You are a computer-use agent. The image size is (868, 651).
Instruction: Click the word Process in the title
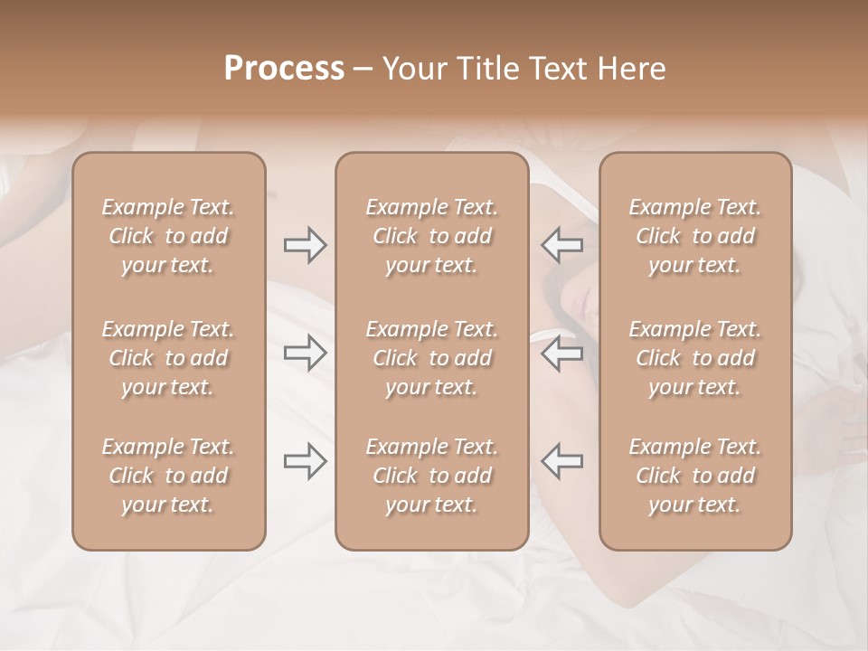click(x=284, y=69)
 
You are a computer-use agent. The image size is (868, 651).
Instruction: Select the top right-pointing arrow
click(x=305, y=244)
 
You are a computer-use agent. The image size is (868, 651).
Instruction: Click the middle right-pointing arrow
click(x=305, y=353)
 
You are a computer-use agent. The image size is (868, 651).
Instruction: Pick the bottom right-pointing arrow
click(x=305, y=461)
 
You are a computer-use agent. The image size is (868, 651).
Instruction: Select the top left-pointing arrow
click(x=561, y=244)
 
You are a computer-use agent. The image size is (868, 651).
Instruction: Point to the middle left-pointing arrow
click(x=561, y=353)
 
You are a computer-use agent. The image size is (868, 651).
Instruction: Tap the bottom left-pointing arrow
click(x=561, y=461)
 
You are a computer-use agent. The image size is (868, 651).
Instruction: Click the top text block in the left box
click(x=168, y=236)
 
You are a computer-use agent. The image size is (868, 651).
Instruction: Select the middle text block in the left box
click(x=168, y=358)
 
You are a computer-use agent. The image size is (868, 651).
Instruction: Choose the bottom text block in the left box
click(x=168, y=476)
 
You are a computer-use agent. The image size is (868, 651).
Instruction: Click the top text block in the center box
click(x=432, y=236)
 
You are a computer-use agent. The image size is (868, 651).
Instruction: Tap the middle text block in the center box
click(x=432, y=358)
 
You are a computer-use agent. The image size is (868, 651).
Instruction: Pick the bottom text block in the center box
click(x=432, y=476)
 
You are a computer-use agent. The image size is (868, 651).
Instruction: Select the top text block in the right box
click(x=695, y=236)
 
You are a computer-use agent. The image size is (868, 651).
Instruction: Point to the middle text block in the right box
click(x=695, y=358)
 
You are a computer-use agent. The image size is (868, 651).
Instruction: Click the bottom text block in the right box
click(x=695, y=476)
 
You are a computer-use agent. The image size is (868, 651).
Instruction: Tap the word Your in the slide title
click(x=414, y=69)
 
